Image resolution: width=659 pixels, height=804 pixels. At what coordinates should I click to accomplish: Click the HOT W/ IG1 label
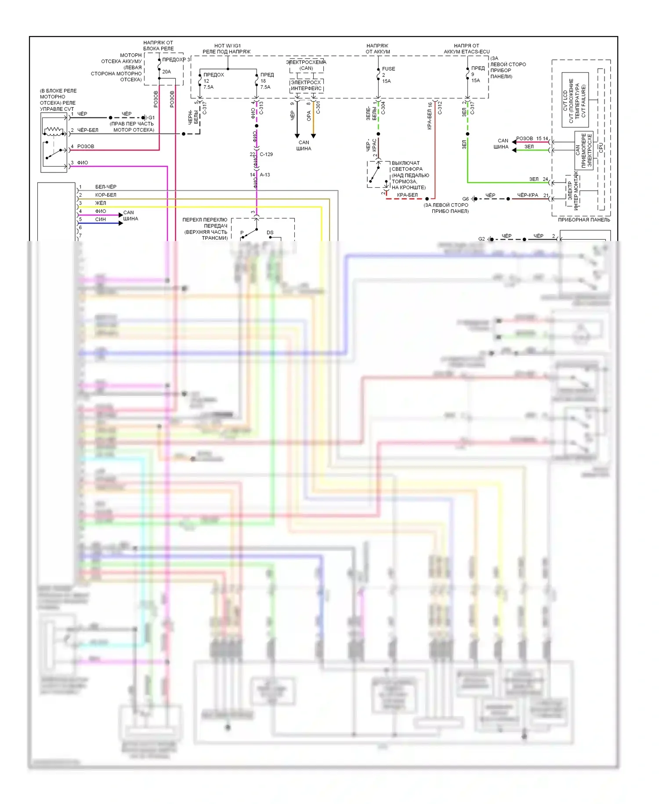[x=227, y=46]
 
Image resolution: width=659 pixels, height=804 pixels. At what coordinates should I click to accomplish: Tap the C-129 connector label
[x=266, y=154]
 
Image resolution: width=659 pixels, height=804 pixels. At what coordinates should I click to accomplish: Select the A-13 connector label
[x=265, y=175]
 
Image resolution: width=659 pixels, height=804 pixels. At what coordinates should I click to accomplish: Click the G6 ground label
[x=465, y=199]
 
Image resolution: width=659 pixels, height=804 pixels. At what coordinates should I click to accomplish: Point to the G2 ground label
[x=482, y=239]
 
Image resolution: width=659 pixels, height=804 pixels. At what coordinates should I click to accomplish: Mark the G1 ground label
[x=152, y=117]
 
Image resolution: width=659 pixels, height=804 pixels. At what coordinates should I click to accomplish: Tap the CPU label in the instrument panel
[x=601, y=148]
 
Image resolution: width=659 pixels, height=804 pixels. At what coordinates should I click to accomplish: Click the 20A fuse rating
[x=167, y=72]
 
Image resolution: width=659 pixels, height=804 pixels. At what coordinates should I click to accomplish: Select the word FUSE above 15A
[x=388, y=69]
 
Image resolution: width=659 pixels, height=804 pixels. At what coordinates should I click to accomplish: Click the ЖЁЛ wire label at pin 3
[x=101, y=203]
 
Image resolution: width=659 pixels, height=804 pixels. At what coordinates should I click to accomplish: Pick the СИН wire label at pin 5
[x=101, y=219]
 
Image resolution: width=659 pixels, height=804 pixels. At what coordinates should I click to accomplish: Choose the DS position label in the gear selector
[x=270, y=232]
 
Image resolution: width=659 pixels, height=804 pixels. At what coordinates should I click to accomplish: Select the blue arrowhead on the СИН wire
[x=121, y=223]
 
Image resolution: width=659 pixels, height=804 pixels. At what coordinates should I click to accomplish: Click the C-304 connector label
[x=383, y=108]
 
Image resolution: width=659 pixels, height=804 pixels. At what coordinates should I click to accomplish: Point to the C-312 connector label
[x=440, y=108]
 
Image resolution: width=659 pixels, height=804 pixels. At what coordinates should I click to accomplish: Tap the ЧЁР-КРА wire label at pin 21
[x=527, y=195]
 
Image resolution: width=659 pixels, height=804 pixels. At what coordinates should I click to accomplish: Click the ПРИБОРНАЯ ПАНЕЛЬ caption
[x=584, y=219]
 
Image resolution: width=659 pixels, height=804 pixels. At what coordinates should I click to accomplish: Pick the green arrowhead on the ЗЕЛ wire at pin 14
[x=514, y=150]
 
